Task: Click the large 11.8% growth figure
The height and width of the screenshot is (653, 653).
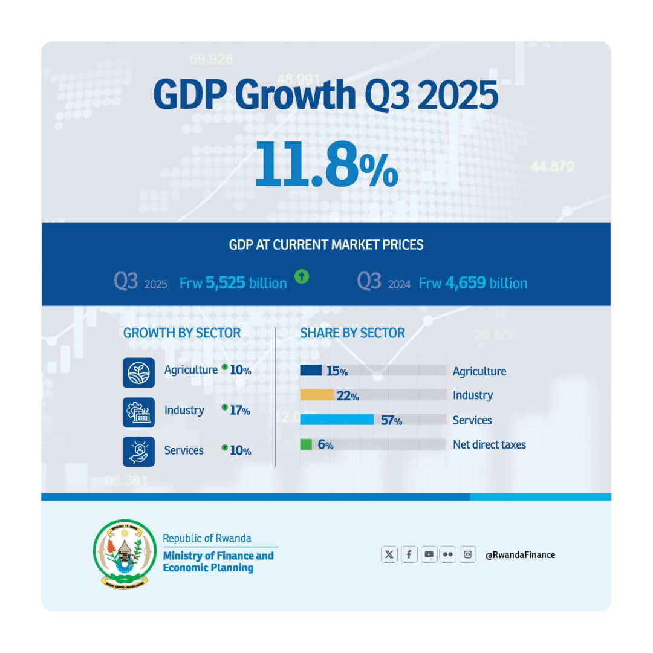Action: click(326, 163)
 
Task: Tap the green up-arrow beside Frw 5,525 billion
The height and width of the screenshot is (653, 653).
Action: click(302, 277)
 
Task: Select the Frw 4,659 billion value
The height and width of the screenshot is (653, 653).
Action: click(473, 283)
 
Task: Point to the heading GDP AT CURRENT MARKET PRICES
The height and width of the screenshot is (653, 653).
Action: click(326, 245)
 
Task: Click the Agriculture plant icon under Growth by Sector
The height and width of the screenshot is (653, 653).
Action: click(138, 372)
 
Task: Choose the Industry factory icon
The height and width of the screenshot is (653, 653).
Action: click(138, 412)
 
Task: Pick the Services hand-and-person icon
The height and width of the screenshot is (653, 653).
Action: click(138, 452)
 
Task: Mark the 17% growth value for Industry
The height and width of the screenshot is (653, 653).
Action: click(240, 411)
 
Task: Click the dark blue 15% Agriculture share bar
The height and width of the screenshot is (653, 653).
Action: click(311, 371)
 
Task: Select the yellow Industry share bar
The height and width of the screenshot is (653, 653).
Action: click(317, 395)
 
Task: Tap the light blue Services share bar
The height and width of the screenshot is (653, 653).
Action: click(337, 420)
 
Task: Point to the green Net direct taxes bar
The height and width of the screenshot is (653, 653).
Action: click(306, 444)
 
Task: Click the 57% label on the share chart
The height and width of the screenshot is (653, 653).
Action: click(391, 420)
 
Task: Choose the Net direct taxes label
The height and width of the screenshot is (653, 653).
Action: click(489, 445)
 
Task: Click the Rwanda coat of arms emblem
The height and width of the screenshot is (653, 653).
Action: click(125, 553)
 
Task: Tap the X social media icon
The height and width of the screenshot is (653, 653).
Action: click(389, 554)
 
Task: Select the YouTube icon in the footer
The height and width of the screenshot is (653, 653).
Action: click(429, 554)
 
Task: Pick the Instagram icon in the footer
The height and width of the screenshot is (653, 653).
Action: click(467, 554)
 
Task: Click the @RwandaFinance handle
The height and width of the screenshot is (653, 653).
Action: click(520, 554)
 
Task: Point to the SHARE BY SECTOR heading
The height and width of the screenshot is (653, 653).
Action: click(352, 333)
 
